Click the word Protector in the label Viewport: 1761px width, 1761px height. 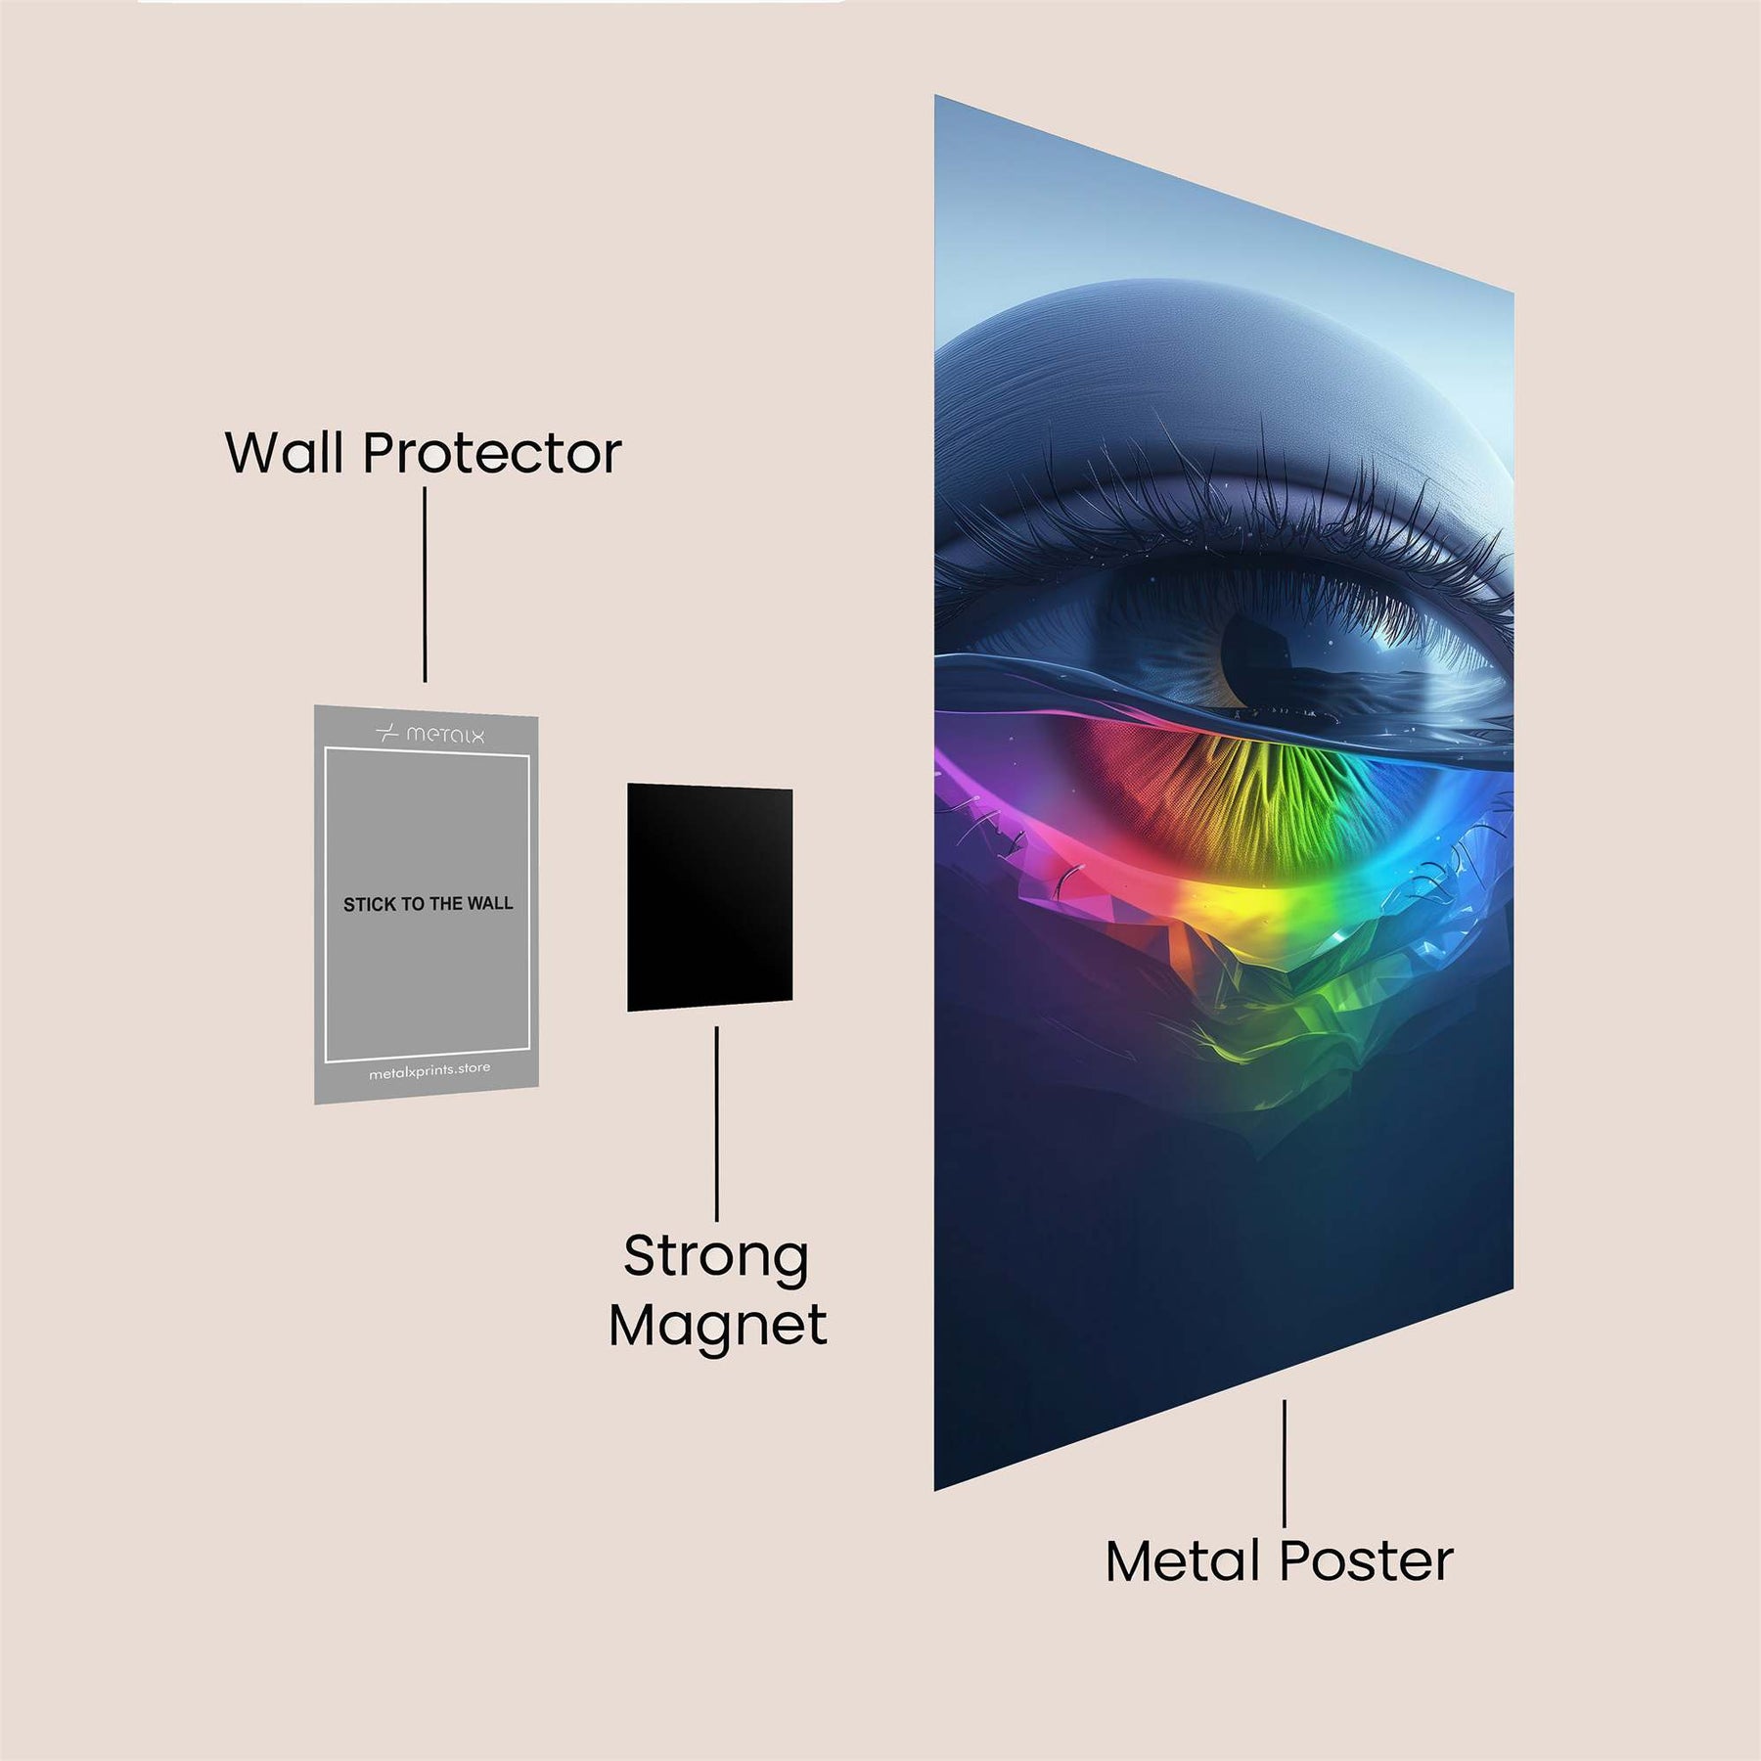pos(492,455)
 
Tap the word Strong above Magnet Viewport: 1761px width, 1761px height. pos(716,1256)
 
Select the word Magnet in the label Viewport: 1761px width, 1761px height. pos(717,1327)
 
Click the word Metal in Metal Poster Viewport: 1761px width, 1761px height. pos(1184,1561)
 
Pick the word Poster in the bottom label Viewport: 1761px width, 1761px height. pos(1367,1561)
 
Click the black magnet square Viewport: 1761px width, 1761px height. pos(709,897)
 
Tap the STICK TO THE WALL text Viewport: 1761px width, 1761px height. pos(428,904)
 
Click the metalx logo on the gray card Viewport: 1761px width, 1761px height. pos(430,734)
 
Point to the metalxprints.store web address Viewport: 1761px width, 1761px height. pos(429,1071)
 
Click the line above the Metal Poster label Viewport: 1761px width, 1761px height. pos(1285,1462)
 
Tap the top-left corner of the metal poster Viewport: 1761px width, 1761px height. pos(936,97)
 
